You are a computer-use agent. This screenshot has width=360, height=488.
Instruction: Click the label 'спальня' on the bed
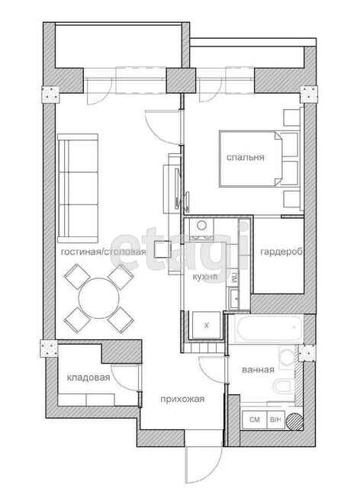[x=246, y=158]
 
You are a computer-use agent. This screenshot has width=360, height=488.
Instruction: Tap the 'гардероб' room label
[x=281, y=252]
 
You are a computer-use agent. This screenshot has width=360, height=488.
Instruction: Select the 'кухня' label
[x=205, y=277]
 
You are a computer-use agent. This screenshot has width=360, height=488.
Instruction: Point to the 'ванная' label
[x=258, y=370]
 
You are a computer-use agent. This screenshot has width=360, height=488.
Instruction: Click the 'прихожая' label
[x=182, y=399]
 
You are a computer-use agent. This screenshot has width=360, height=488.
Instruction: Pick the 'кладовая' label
[x=88, y=377]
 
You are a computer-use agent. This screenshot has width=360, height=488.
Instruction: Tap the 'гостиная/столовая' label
[x=103, y=252]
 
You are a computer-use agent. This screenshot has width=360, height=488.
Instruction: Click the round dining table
[x=98, y=298]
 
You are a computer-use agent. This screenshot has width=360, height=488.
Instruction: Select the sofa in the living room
[x=78, y=188]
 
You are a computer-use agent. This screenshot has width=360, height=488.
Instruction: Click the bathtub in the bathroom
[x=269, y=328]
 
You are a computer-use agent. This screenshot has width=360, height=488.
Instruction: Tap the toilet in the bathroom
[x=284, y=387]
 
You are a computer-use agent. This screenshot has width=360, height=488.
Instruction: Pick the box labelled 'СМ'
[x=255, y=419]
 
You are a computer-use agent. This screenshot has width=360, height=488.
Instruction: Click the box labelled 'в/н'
[x=275, y=419]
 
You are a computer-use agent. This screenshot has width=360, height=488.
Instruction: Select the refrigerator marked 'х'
[x=206, y=326]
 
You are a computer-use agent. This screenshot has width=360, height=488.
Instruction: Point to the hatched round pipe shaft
[x=294, y=422]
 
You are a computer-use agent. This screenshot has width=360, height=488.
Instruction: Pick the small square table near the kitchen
[x=162, y=249]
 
